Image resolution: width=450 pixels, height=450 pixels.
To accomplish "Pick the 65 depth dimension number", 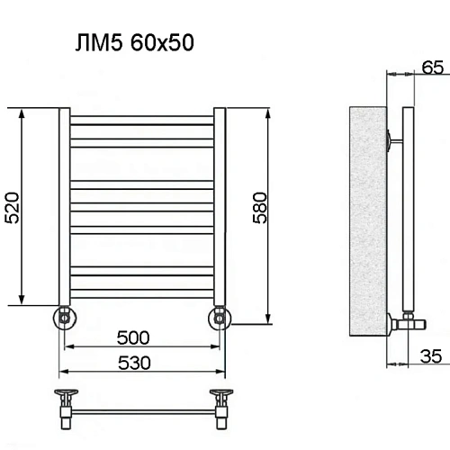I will coord(432,65).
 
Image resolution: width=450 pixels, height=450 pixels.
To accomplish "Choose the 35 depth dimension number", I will coord(432,356).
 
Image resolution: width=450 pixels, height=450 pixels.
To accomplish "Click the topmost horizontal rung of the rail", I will coord(141,118).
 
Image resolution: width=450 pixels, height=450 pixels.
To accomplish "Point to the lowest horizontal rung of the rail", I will coord(141,291).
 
